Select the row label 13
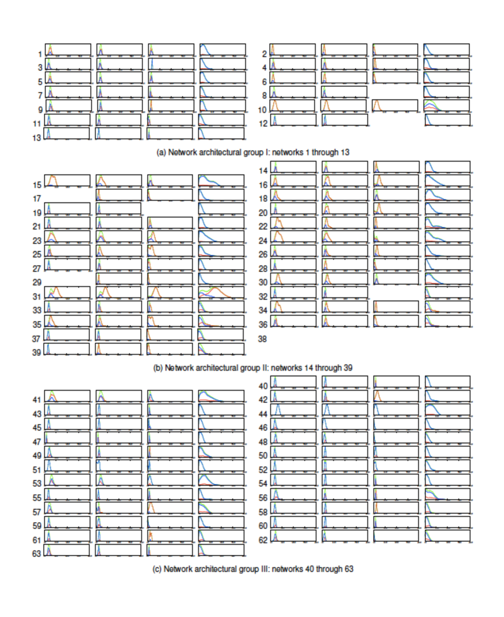(38, 138)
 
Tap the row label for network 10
(262, 110)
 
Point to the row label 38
(262, 339)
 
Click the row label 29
(38, 283)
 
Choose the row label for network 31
(38, 297)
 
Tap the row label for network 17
(38, 199)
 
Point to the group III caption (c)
(254, 569)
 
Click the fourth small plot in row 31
(221, 292)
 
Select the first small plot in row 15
(67, 180)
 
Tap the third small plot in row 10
(395, 105)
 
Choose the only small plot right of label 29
(119, 278)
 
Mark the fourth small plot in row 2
(446, 49)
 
